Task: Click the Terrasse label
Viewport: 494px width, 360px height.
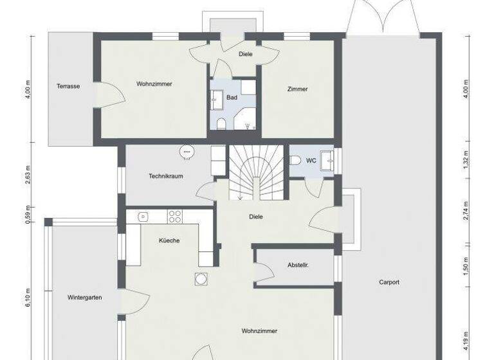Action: click(68, 86)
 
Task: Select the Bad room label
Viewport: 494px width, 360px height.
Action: click(232, 98)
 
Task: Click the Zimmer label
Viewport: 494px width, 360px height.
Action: click(297, 89)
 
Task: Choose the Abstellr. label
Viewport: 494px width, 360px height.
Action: click(298, 265)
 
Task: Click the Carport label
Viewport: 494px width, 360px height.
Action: click(389, 282)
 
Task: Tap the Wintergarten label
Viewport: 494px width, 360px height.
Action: click(85, 298)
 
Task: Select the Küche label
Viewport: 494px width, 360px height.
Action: click(169, 240)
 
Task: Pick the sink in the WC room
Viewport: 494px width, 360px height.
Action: click(330, 159)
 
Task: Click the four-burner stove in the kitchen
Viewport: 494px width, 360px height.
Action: click(175, 217)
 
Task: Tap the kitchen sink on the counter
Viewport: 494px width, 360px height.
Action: click(143, 216)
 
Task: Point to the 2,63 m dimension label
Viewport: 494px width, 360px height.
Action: click(29, 175)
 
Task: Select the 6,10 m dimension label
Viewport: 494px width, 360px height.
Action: click(29, 297)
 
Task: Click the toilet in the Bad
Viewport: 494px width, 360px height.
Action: click(221, 123)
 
